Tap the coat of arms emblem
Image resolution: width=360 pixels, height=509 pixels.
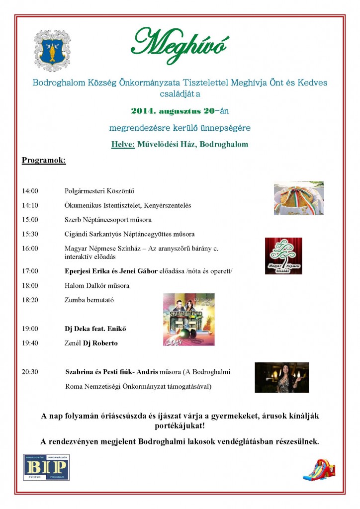tap(52, 51)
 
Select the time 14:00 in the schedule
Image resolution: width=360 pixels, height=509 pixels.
tap(30, 191)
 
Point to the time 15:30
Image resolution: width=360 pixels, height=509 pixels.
tap(30, 234)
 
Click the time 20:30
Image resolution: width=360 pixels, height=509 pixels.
tap(30, 372)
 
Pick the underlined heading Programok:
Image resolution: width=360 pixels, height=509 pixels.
tap(44, 161)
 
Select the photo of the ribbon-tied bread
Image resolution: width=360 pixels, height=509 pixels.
tap(299, 198)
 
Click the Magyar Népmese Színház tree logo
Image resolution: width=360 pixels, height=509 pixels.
tap(283, 255)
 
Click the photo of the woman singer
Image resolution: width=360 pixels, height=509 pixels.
tap(281, 377)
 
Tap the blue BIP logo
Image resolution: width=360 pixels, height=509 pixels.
tap(46, 467)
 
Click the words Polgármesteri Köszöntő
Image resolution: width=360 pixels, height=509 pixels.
tap(100, 191)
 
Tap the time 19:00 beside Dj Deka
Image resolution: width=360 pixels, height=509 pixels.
tap(30, 329)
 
